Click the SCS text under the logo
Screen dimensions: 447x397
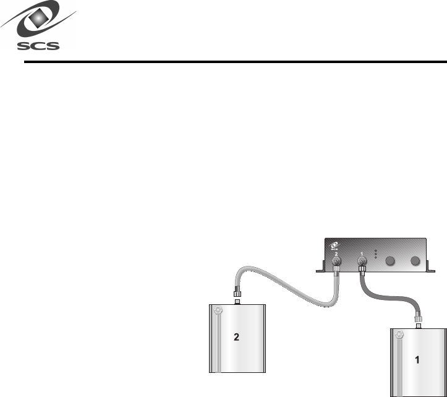tap(38, 45)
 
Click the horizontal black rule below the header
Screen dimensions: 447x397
tap(235, 62)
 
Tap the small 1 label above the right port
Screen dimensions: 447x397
tap(362, 252)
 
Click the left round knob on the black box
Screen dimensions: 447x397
tap(390, 262)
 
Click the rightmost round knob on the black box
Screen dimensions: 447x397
tap(416, 262)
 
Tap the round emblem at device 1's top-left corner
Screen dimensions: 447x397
tap(399, 335)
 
